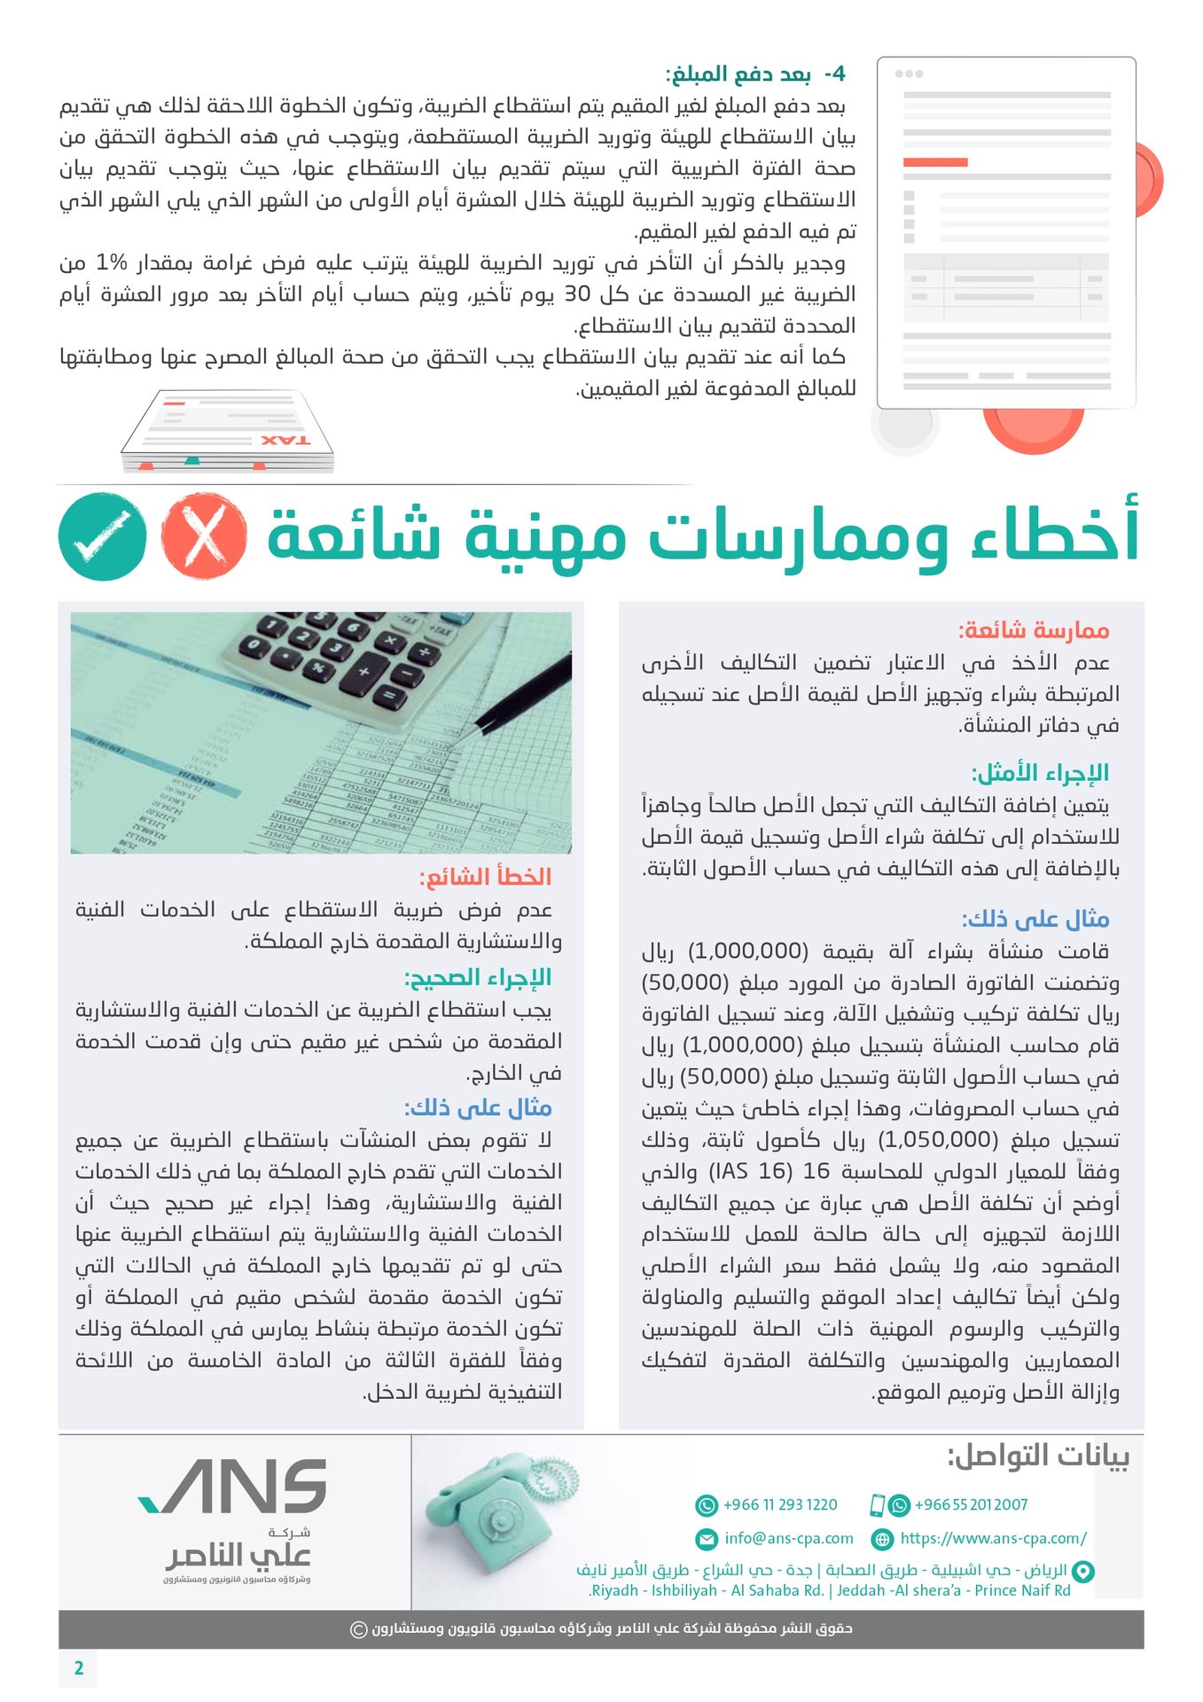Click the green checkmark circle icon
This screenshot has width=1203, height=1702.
pyautogui.click(x=103, y=536)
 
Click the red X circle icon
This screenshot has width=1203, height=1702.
pyautogui.click(x=204, y=536)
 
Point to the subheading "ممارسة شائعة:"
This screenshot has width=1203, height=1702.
pyautogui.click(x=1034, y=630)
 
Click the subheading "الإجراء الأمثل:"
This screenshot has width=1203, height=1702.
pyautogui.click(x=1040, y=773)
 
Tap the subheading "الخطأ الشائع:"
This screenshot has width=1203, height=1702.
pyautogui.click(x=485, y=878)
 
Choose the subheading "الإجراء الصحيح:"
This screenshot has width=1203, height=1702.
pyautogui.click(x=478, y=978)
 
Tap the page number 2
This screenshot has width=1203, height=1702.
pyautogui.click(x=79, y=1667)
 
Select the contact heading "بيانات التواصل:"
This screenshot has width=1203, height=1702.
pyautogui.click(x=1038, y=1456)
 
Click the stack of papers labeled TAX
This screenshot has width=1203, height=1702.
pyautogui.click(x=229, y=432)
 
